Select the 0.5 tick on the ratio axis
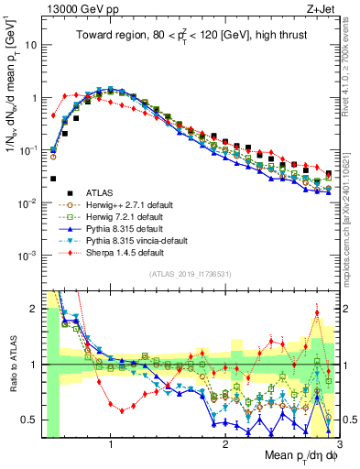point(31,420)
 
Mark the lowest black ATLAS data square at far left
point(53,179)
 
